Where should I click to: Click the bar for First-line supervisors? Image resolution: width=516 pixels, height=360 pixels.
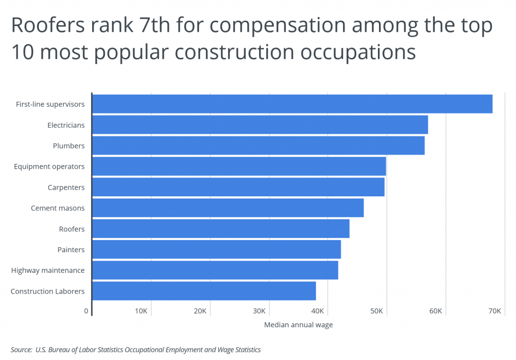(292, 104)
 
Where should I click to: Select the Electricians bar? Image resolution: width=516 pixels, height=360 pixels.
(260, 125)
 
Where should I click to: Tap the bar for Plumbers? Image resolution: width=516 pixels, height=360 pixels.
(258, 146)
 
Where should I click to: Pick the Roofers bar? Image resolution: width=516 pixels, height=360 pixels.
(221, 229)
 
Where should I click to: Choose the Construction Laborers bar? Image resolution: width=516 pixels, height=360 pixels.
(204, 291)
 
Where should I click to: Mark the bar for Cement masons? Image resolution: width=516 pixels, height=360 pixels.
(228, 208)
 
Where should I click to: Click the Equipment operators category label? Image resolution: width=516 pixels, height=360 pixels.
(49, 167)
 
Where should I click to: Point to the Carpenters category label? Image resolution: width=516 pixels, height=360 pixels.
(66, 187)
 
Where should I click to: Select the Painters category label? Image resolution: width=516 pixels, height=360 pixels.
(71, 250)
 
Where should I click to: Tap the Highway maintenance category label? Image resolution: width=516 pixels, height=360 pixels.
(48, 270)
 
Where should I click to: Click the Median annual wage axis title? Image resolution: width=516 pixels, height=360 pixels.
(298, 325)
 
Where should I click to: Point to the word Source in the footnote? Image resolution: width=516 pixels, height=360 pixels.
(21, 349)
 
